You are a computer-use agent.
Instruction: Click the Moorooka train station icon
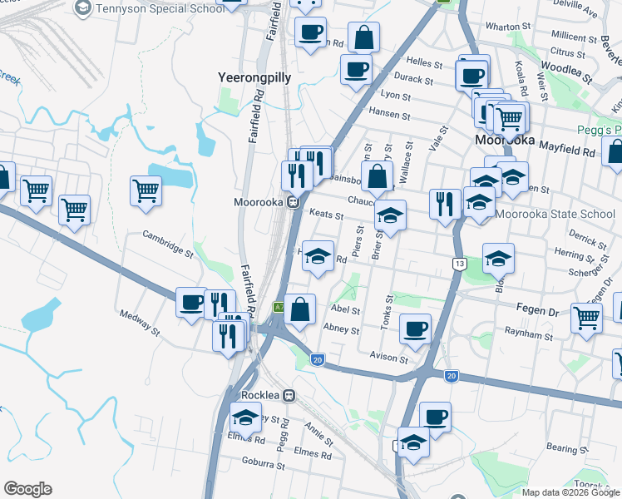[x=293, y=202]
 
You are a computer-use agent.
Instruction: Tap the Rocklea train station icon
[x=289, y=395]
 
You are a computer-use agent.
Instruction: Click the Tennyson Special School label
[x=160, y=8]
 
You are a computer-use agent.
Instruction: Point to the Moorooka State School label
[x=555, y=214]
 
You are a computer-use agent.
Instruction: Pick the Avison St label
[x=390, y=359]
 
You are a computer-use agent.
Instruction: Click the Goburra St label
[x=262, y=467]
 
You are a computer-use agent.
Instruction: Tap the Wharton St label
[x=501, y=27]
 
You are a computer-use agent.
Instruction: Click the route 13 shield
[x=459, y=264]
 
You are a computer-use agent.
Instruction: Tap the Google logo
[x=27, y=489]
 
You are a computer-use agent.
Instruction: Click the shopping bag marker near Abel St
[x=300, y=309]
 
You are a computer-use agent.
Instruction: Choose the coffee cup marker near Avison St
[x=415, y=329]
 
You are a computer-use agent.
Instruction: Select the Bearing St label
[x=568, y=448]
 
